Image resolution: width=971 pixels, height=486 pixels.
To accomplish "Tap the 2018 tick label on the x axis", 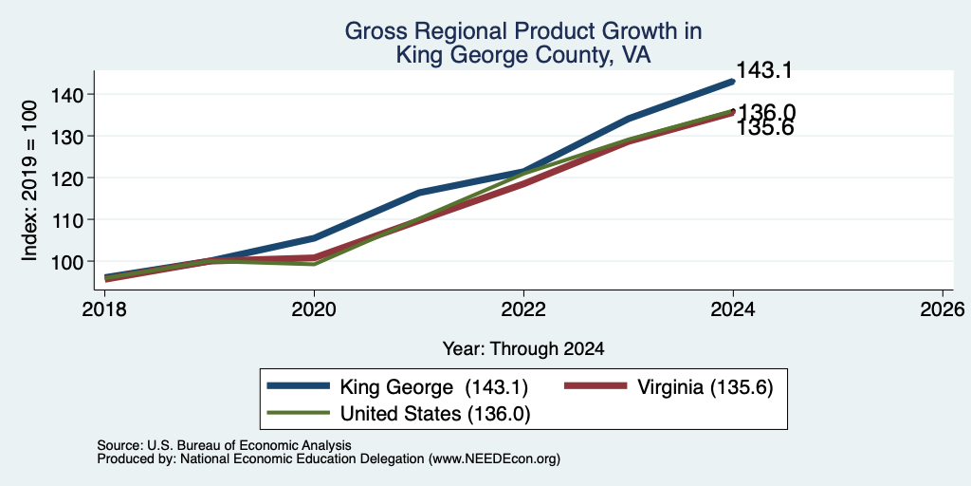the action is (x=104, y=309).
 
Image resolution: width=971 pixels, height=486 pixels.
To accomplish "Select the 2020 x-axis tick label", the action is (x=314, y=309).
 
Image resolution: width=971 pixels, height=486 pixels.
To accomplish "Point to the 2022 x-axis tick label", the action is (x=523, y=309).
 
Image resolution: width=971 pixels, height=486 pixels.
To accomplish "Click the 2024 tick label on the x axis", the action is (x=733, y=309).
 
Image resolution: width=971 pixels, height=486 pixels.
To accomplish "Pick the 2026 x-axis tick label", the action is (x=943, y=309).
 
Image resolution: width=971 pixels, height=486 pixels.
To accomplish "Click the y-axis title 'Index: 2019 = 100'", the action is (x=29, y=180).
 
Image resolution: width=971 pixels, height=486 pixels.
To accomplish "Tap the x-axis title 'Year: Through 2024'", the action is (x=523, y=349).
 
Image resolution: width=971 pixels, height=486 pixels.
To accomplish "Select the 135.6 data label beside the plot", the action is (x=765, y=128).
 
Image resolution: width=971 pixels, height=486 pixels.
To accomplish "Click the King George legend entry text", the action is (x=433, y=387).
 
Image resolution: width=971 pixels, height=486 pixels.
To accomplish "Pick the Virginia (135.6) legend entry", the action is (x=705, y=387).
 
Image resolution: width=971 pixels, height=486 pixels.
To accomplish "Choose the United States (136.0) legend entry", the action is (x=434, y=414).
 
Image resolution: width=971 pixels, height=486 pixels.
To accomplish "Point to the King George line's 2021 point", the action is (x=419, y=193).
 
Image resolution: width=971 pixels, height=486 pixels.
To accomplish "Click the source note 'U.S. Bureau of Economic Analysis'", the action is (x=249, y=445).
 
